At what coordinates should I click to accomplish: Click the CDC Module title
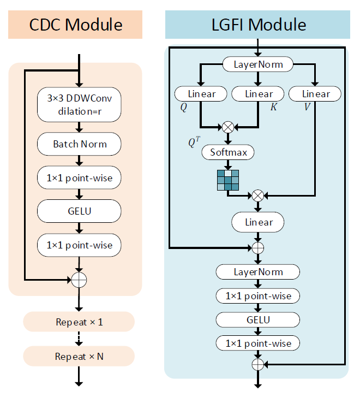(75, 25)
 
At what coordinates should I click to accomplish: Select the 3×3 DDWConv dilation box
(80, 104)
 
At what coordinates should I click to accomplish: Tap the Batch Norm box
(80, 144)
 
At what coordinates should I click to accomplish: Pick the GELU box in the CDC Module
(80, 211)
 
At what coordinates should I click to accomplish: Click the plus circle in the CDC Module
(80, 280)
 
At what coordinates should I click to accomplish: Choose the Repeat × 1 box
(79, 322)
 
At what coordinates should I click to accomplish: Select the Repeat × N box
(79, 356)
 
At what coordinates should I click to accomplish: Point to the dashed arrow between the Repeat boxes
(80, 339)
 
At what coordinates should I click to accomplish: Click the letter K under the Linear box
(274, 107)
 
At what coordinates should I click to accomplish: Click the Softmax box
(228, 152)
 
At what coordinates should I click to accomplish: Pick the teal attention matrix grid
(228, 180)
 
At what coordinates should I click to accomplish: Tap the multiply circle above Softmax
(228, 127)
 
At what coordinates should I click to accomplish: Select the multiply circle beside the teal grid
(258, 194)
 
